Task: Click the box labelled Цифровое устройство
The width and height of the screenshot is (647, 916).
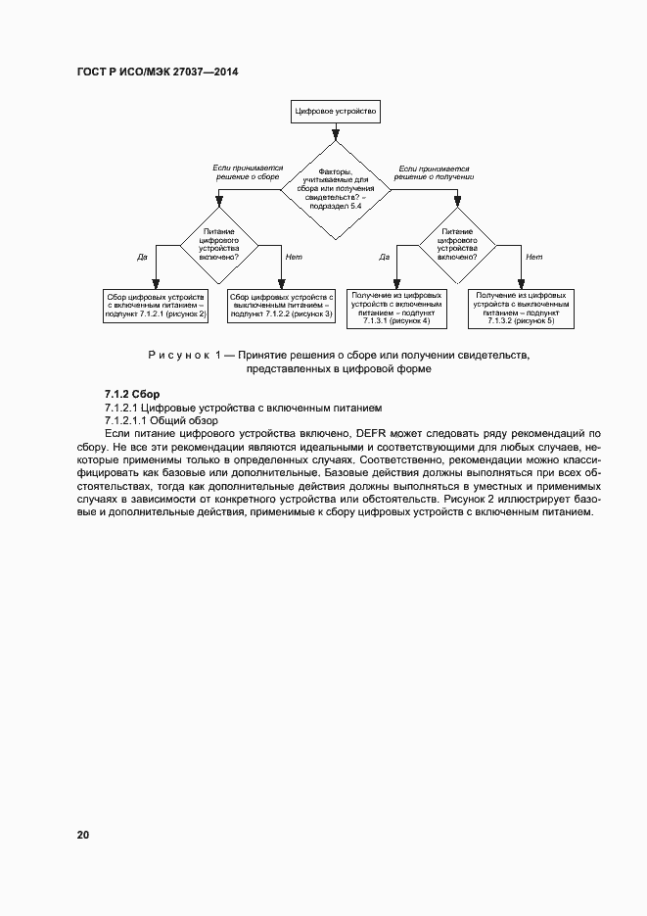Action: (336, 113)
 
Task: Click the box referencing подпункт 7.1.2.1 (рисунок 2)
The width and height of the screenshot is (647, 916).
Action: (157, 305)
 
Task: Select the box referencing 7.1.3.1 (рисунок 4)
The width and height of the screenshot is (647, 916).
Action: (396, 307)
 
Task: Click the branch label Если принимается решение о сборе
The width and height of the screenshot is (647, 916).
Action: (247, 172)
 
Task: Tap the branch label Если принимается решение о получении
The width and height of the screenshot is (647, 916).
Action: (434, 172)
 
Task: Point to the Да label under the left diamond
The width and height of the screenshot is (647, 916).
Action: (142, 257)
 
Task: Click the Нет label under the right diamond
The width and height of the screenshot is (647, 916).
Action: (533, 257)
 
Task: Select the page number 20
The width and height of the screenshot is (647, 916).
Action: (83, 835)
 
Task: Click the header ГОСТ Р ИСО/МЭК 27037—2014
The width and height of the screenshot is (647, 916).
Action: (158, 72)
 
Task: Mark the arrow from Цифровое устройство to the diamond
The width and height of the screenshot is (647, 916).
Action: (336, 132)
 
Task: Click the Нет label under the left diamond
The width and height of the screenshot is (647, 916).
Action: (293, 257)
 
